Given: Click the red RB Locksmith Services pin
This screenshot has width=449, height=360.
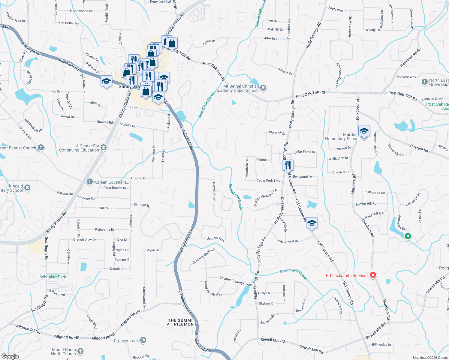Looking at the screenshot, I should point(373,275).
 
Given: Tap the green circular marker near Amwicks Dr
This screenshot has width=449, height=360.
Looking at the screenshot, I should point(408,236).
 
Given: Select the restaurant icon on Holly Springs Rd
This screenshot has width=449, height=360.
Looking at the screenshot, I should point(288,165).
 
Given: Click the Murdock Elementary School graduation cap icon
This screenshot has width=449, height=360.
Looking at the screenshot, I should point(364,131).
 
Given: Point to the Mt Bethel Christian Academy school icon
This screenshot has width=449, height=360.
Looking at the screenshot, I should point(263,88).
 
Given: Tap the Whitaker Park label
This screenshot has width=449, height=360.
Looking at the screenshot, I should point(53,277).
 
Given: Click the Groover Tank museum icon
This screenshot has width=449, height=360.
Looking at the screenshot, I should point(143,340).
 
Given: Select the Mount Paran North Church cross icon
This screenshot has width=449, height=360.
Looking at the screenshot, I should point(80,351).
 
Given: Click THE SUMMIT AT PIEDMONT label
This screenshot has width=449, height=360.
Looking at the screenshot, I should point(182,322).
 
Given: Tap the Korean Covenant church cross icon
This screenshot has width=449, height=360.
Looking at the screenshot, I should point(89,182).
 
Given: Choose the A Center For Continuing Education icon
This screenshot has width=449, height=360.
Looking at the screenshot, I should point(104,147).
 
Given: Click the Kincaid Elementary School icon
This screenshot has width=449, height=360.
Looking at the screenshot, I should point(27,188).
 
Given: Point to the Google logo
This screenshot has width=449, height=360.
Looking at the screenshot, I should point(10,356).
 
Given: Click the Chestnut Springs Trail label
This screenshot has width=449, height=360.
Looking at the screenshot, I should point(236,281).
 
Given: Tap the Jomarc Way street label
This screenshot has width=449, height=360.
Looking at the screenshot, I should point(216,239).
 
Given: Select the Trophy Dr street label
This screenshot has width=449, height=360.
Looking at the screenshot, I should point(138,178).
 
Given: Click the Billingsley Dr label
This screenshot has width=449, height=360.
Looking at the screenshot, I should point(381,344).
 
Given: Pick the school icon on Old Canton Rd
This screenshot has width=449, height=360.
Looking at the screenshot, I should point(312,223).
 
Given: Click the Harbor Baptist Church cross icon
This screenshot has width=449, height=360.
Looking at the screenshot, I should point(41,148).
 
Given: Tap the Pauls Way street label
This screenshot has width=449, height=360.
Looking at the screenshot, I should point(336,9).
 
